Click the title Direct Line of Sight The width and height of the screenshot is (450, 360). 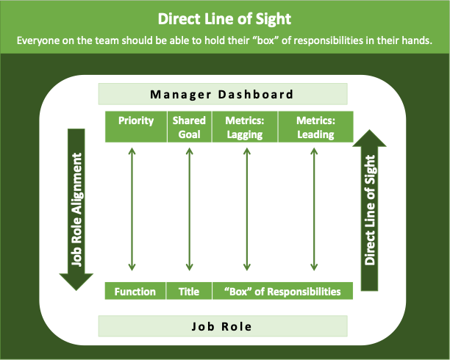[224, 18]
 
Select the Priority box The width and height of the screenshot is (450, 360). [135, 127]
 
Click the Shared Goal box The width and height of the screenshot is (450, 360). [189, 127]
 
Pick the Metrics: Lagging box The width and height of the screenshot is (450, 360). [245, 127]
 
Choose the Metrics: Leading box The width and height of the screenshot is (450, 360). [315, 127]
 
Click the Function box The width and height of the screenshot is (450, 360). [135, 292]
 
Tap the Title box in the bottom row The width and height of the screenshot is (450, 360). [189, 292]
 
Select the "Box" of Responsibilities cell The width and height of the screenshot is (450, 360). [282, 292]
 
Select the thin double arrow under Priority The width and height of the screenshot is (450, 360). [132, 209]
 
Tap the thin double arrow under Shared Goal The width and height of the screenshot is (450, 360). [189, 209]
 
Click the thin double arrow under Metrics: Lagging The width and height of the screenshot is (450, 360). [244, 209]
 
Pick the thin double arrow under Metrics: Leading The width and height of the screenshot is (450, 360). [315, 209]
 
